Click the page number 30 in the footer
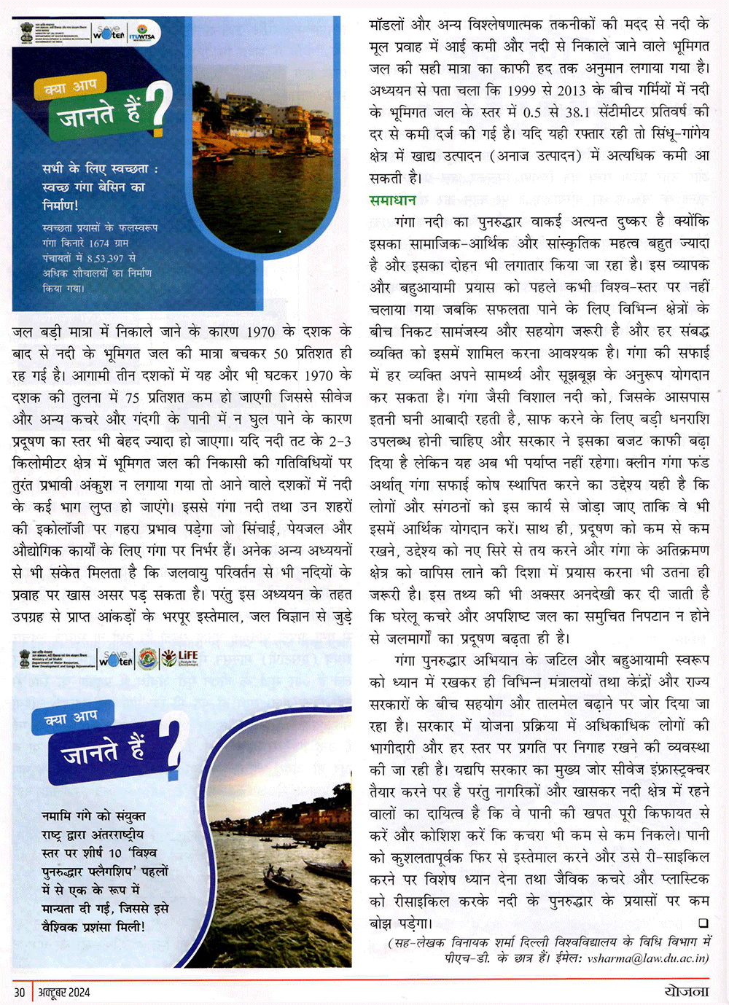[x=19, y=992]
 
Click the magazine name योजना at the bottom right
[x=686, y=991]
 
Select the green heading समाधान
[x=392, y=200]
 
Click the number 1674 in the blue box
[x=98, y=243]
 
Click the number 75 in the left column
[x=133, y=397]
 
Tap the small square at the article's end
[x=703, y=923]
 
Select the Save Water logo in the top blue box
[x=109, y=33]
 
